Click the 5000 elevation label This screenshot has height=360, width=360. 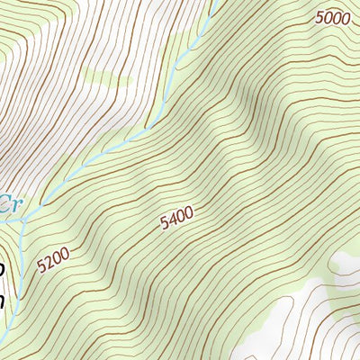332,17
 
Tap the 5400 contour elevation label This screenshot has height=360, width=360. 176,220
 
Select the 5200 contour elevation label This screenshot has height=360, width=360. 53,261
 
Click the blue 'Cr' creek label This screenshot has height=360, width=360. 8,203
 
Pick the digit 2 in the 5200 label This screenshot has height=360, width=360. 49,264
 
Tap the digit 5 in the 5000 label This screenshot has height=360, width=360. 319,18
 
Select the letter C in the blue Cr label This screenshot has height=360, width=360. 4,203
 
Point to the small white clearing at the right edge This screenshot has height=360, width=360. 346,264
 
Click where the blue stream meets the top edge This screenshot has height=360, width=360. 217,3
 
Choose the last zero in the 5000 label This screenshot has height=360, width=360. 345,16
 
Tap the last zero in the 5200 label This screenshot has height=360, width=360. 65,256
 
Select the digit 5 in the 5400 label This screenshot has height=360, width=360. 164,226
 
